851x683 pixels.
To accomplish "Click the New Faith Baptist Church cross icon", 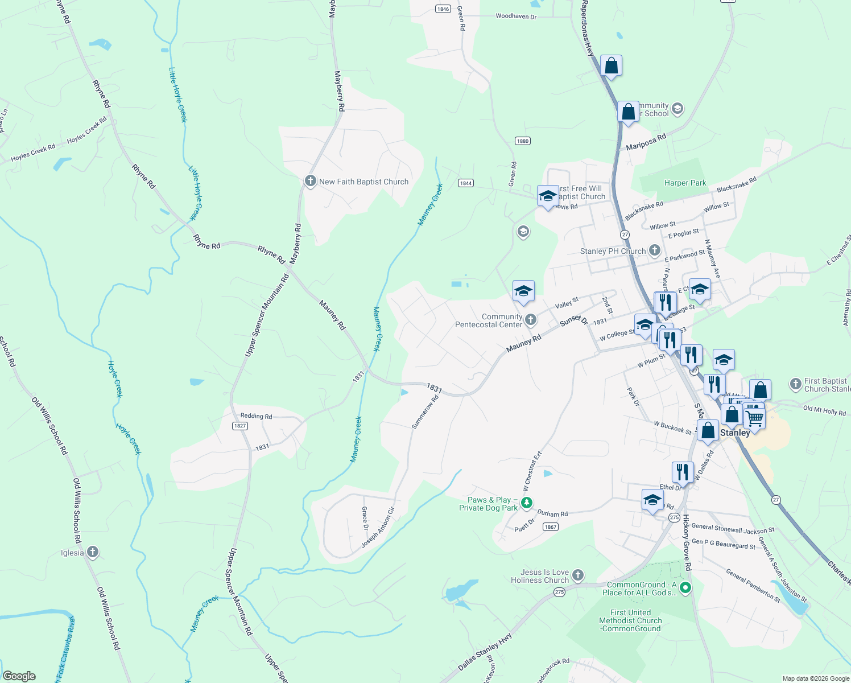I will coord(310,182).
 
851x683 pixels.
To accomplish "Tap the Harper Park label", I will coord(685,183).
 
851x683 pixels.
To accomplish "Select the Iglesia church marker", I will coord(93,552).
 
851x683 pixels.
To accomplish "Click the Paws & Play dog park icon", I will coord(527,503).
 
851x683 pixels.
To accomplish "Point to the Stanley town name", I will coord(735,433).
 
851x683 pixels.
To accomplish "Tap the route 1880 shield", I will coord(522,141).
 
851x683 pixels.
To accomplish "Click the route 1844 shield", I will coord(466,183).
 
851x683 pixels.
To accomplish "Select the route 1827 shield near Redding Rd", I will coord(240,426).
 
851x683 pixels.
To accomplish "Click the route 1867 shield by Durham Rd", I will coord(550,526).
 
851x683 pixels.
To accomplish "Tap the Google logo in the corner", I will coord(19,676).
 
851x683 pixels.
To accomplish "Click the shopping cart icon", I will coord(754,418).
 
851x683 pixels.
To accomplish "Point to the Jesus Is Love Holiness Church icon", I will coord(578,575).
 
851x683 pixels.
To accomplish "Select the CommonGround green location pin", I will coord(685,588).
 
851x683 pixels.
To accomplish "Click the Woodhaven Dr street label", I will coord(516,17).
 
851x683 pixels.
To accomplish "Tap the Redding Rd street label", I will coord(256,416).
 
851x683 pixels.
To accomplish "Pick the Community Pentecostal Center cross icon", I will coord(531,320).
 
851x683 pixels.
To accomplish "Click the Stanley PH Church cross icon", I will coord(655,250).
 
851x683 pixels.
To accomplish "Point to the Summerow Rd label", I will coord(425,412).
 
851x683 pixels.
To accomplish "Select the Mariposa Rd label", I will coord(646,142).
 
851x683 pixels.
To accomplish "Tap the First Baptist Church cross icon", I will coord(796,384).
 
